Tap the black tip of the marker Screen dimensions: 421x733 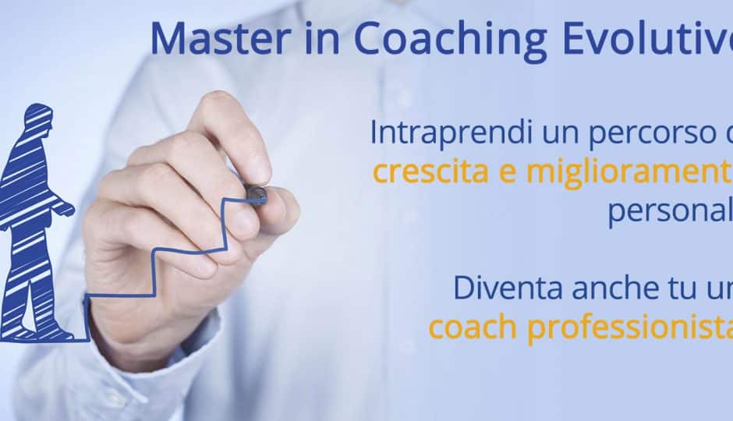(257, 193)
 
